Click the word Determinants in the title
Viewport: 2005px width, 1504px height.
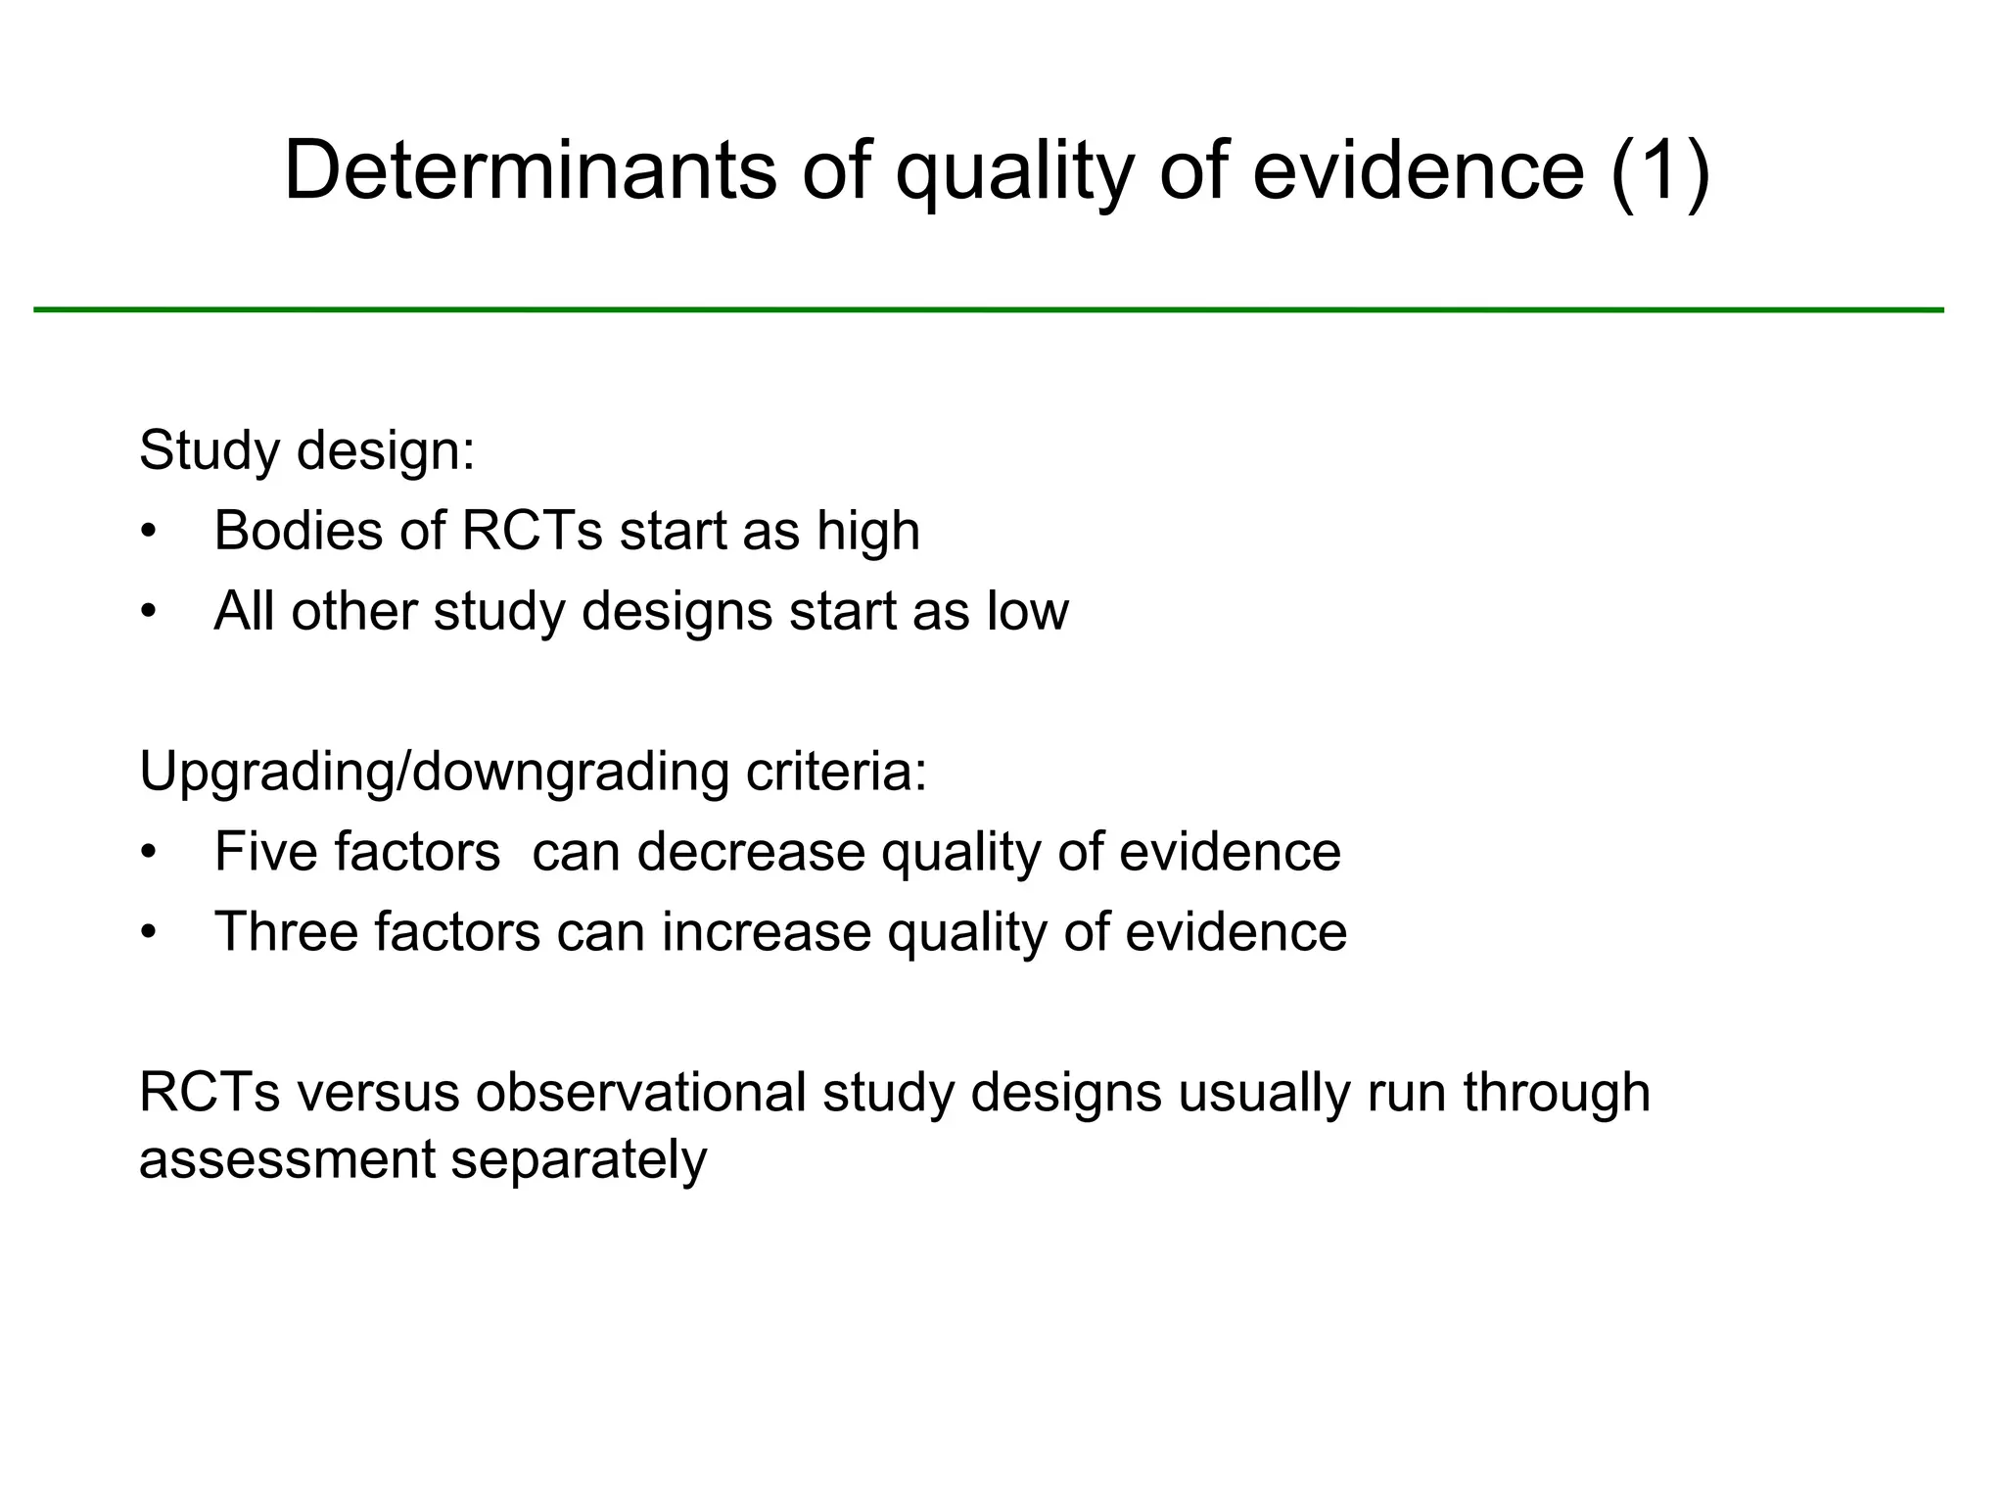(x=530, y=170)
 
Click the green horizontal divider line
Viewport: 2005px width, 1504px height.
(x=989, y=309)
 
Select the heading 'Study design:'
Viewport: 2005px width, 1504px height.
(x=306, y=451)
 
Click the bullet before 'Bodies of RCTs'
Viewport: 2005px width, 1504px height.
(x=148, y=532)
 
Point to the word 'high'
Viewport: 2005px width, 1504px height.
(x=868, y=532)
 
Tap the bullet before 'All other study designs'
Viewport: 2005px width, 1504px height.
(x=148, y=612)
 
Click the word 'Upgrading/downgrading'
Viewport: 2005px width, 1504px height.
(x=434, y=773)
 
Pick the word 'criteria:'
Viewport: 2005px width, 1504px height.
(x=836, y=773)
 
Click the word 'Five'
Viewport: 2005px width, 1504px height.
(x=262, y=852)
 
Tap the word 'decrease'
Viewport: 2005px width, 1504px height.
(x=751, y=852)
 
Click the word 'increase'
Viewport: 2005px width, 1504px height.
(x=766, y=932)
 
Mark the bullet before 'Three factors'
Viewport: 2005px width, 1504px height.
(x=148, y=932)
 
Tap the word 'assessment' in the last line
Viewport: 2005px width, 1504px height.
(x=286, y=1160)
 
